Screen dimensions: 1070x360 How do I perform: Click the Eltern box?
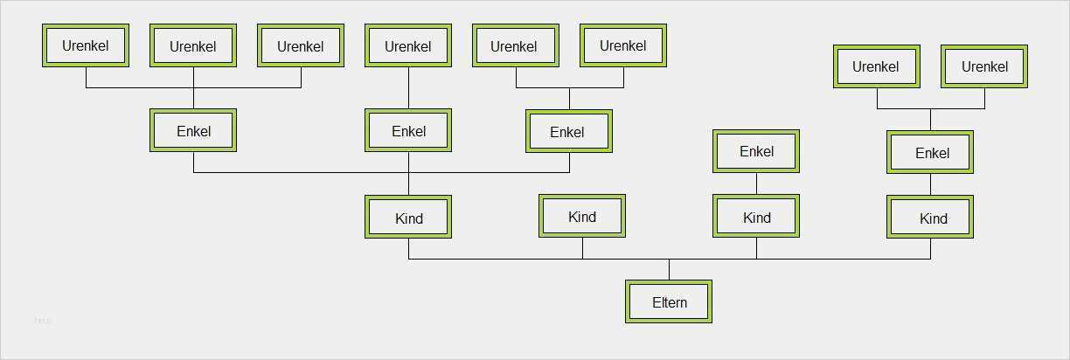(668, 301)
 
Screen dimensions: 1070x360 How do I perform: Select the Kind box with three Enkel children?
(408, 217)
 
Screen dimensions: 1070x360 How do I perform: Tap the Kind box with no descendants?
(582, 216)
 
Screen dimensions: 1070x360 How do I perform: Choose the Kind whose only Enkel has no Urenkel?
(755, 216)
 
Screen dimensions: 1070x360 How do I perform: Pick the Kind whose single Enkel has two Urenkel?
(929, 217)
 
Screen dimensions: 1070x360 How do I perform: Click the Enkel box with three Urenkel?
(193, 130)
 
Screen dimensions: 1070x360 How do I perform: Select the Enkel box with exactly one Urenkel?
(408, 130)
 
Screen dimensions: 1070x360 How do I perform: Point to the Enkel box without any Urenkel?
(755, 151)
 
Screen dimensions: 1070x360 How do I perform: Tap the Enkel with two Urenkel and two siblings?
(569, 131)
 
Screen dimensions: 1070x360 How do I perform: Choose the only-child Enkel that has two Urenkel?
(929, 152)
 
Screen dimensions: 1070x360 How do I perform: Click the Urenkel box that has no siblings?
(408, 45)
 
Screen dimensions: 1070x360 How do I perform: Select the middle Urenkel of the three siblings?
(193, 45)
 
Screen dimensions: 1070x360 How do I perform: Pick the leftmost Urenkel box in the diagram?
(86, 45)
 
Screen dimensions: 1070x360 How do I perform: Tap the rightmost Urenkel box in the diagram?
(984, 66)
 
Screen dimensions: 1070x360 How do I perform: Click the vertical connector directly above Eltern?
(669, 269)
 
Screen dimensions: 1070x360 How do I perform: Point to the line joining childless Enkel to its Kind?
(756, 183)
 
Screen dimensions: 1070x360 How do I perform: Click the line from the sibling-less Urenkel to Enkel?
(408, 88)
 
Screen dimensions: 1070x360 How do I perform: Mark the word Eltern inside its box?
(670, 302)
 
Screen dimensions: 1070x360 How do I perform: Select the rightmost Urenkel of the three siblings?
(301, 45)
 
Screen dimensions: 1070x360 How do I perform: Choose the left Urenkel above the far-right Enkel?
(877, 66)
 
